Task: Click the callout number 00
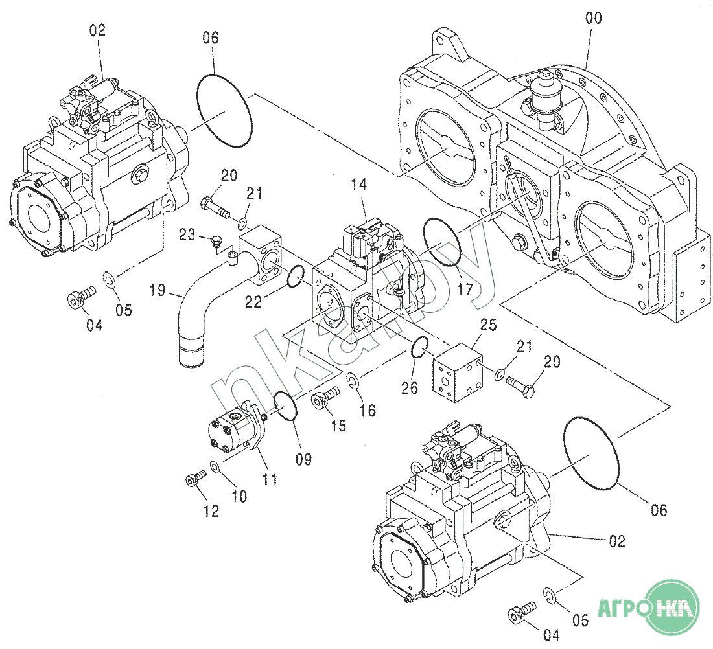(593, 18)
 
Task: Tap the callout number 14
(358, 185)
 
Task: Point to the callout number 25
(489, 324)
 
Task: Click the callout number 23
(187, 235)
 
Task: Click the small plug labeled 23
(216, 242)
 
